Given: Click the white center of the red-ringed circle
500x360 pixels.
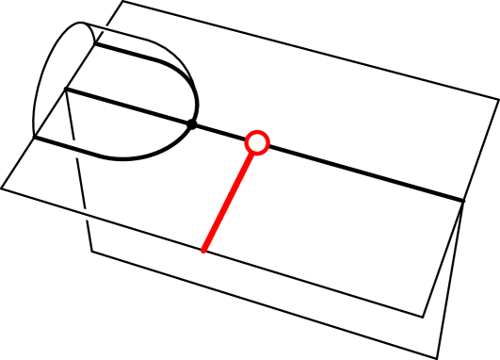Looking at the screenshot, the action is coord(257,142).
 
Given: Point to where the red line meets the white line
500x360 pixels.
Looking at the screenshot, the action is coord(203,250).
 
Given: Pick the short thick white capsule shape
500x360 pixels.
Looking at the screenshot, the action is coord(72,148).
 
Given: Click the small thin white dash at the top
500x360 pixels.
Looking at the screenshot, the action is coord(118,32).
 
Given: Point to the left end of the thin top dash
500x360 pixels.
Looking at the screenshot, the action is coord(96,26).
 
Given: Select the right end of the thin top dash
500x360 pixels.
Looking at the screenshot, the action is coord(139,38).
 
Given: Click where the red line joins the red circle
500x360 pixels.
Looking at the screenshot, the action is coord(251,154).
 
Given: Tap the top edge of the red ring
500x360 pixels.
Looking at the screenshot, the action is coord(257,130).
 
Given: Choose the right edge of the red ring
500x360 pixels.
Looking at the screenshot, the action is coord(270,142).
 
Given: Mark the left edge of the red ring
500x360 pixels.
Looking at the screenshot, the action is coord(245,142).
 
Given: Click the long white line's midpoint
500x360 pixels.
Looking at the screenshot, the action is coord(218,254).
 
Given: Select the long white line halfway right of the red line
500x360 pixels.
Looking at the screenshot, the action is coord(300,279).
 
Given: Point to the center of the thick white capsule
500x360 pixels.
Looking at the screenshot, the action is coord(72,148).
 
